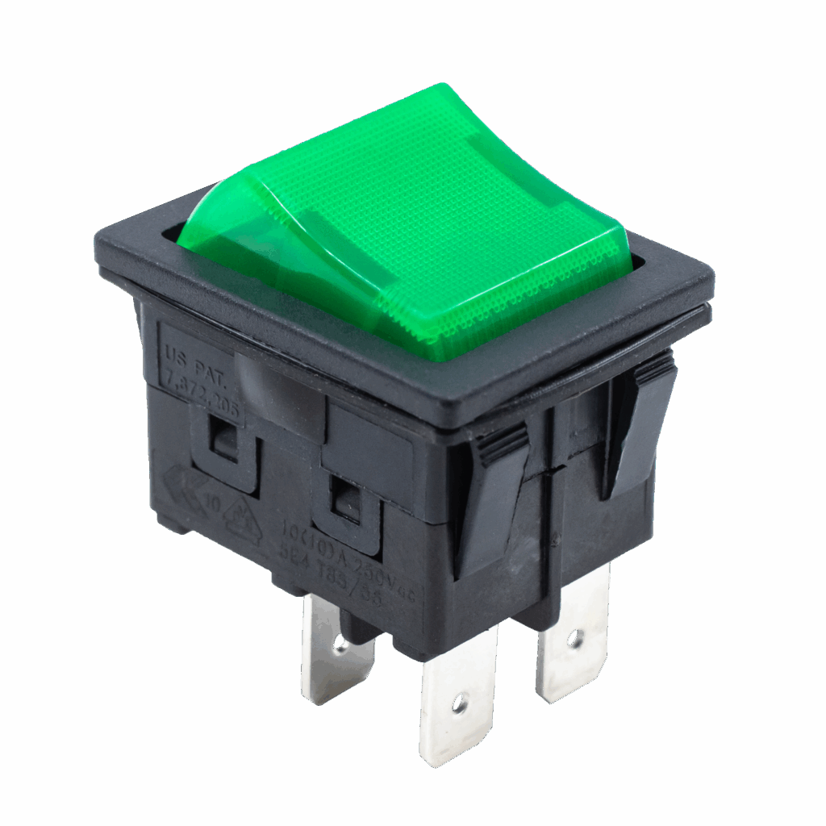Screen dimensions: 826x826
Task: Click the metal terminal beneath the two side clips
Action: pos(572,637)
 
